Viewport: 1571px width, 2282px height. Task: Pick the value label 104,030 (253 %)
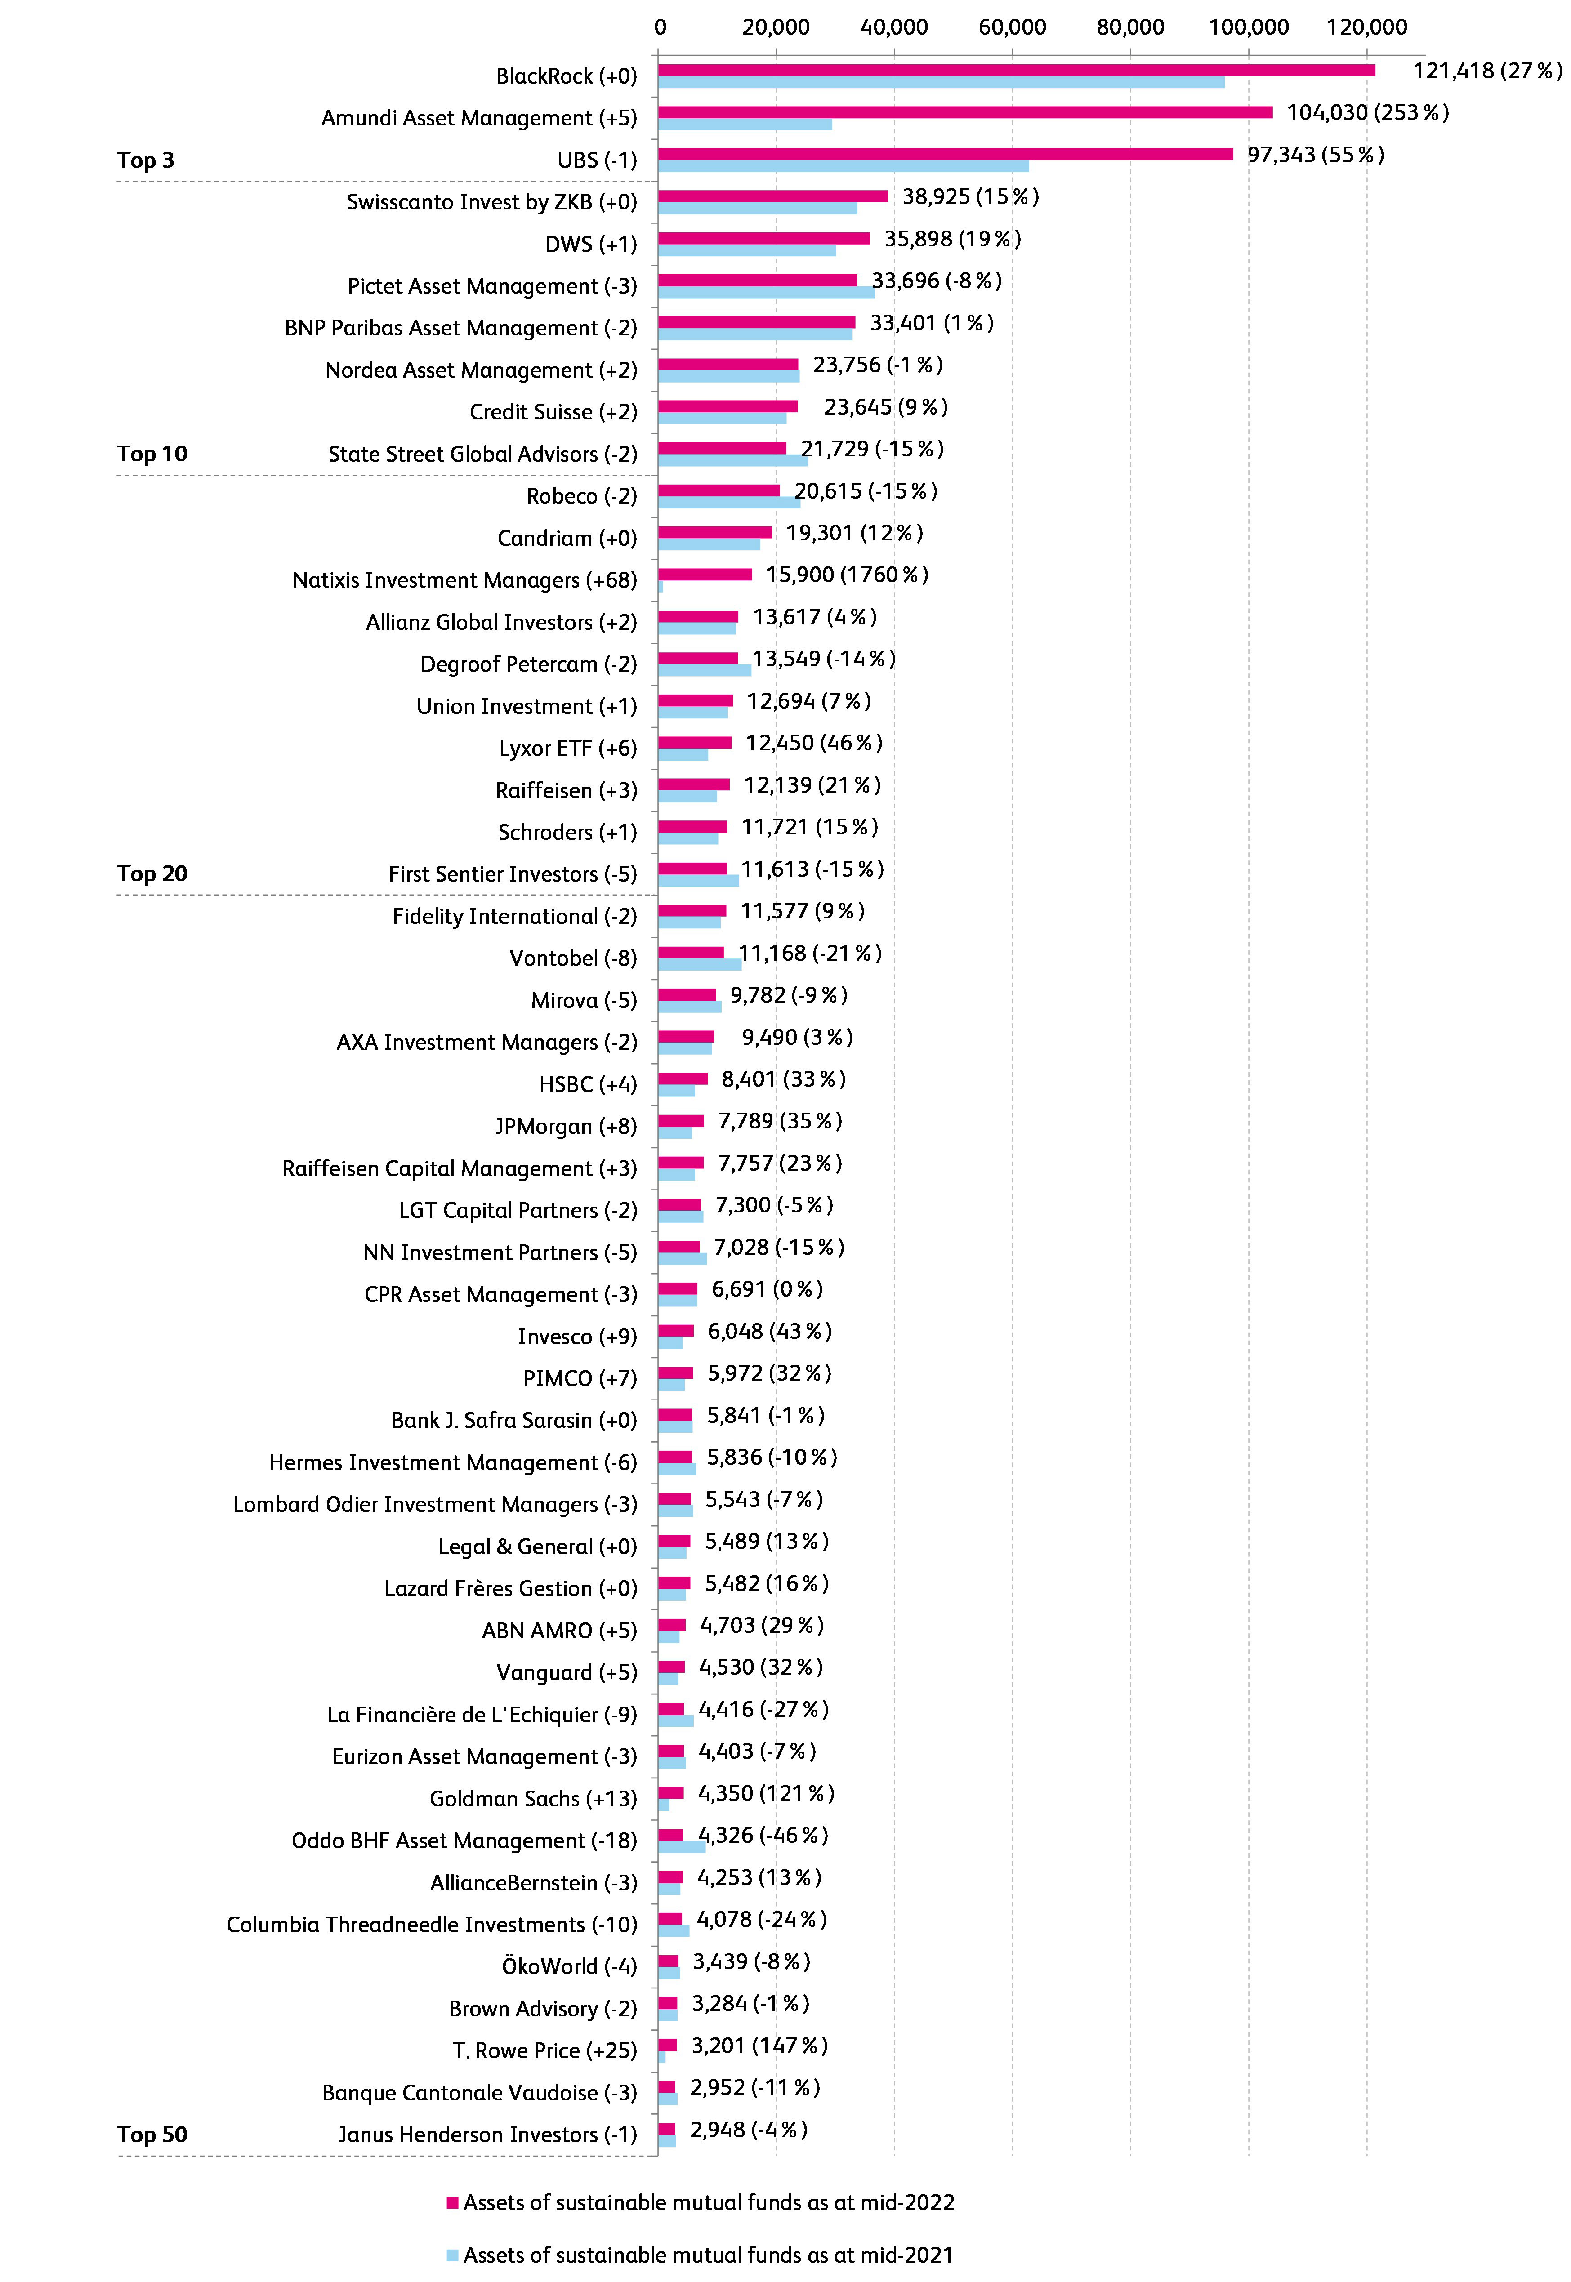pos(1367,112)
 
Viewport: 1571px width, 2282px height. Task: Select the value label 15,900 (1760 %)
pos(847,575)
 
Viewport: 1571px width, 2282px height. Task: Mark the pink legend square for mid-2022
pos(453,2202)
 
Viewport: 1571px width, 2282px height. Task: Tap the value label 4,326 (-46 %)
pos(763,1835)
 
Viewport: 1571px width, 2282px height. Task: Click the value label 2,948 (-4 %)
pos(748,2130)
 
